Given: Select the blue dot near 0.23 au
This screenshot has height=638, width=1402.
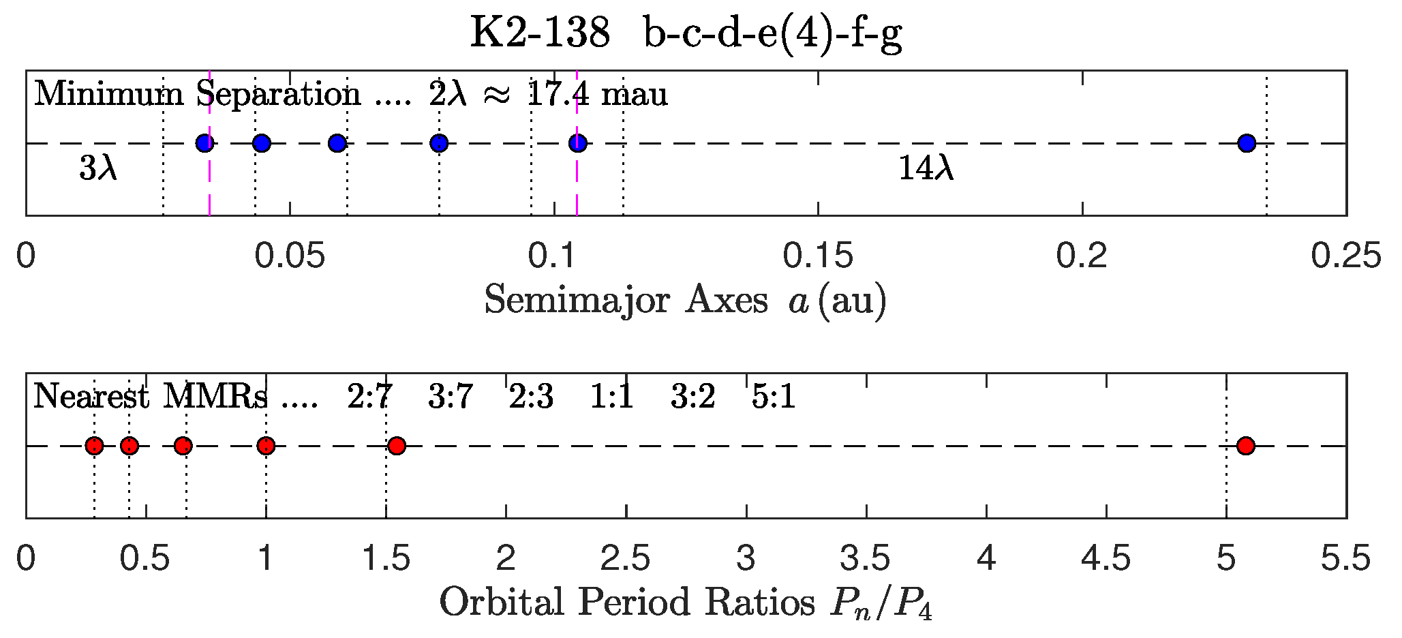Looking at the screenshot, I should click(x=1247, y=143).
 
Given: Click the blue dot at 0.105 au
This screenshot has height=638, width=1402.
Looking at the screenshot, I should click(x=578, y=143).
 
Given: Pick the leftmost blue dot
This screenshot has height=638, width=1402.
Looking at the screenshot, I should click(x=204, y=143).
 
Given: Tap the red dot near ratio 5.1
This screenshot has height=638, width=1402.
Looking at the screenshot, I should click(x=1246, y=446).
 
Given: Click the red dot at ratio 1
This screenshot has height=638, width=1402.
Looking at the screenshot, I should click(x=266, y=446).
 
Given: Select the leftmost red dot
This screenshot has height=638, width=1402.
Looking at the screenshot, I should click(x=94, y=446).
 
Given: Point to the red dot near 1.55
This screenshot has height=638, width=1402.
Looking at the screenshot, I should click(x=397, y=446).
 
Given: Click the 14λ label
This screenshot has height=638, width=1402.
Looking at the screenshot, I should click(x=926, y=168).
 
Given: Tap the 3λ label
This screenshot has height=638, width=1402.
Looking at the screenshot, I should click(x=99, y=168).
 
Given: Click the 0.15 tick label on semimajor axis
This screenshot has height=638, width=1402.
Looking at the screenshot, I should click(x=817, y=256).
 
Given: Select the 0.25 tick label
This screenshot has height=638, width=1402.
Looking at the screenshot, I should click(x=1346, y=256).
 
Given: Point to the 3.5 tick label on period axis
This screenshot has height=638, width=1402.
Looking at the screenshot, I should click(x=866, y=559).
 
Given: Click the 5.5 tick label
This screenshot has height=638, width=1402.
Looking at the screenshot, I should click(x=1345, y=559).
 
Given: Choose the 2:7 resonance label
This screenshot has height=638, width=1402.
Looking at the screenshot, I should click(x=369, y=397).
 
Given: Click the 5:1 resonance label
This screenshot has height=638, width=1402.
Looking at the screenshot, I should click(x=774, y=397).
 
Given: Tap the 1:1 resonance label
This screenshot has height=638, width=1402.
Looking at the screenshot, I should click(x=611, y=397).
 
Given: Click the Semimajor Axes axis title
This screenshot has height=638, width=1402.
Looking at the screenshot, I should click(x=685, y=300).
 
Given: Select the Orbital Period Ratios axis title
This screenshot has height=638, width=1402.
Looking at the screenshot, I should click(x=685, y=603).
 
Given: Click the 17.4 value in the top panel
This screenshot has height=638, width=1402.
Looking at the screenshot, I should click(x=558, y=94).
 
